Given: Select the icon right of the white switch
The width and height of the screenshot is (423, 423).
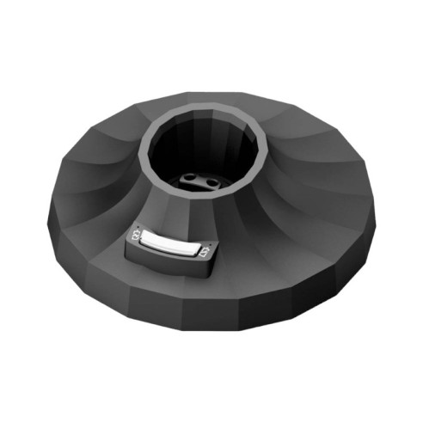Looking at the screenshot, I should pos(205,252).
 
